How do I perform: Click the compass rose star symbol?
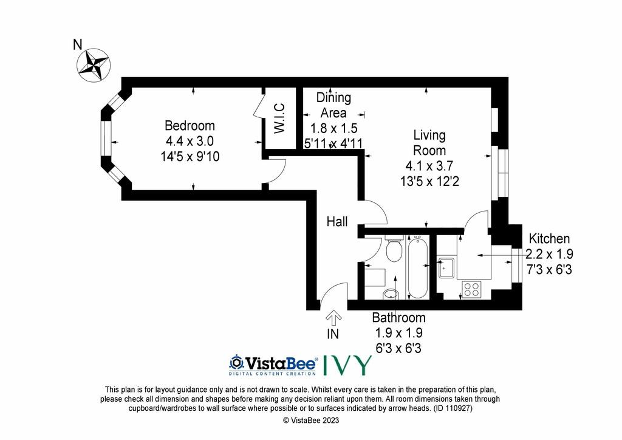93,65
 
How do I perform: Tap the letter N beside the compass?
78,44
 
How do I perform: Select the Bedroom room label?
190,126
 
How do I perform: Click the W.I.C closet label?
279,119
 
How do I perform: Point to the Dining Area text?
333,105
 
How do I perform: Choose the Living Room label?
429,143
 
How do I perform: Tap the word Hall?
337,221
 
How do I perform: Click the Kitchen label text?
549,239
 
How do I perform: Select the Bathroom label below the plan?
398,317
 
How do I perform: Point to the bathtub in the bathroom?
417,267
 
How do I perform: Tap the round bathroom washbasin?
391,294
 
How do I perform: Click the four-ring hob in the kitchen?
471,289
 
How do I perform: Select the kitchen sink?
448,268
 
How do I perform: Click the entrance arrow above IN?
333,317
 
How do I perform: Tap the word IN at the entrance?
333,334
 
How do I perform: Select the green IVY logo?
348,365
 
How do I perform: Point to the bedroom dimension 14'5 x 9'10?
190,156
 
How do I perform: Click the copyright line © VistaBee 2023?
311,420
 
